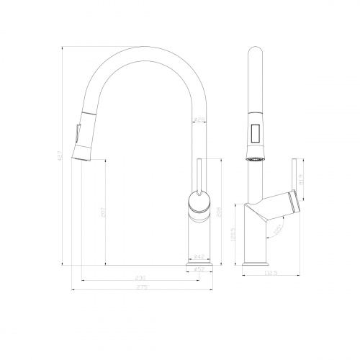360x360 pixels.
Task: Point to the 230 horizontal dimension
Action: [x=141, y=278]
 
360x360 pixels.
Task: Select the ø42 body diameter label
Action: [x=199, y=255]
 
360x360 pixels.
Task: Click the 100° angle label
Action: [x=277, y=230]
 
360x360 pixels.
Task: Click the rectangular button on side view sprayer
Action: [x=254, y=132]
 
